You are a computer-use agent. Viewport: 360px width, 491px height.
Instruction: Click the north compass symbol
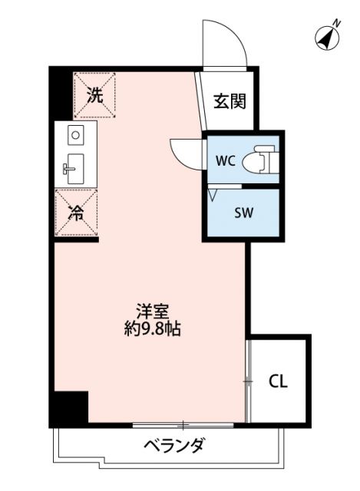pyautogui.click(x=329, y=36)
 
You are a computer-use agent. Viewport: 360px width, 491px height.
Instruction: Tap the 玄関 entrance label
pyautogui.click(x=229, y=101)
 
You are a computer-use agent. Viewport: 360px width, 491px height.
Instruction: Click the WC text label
pyautogui.click(x=225, y=160)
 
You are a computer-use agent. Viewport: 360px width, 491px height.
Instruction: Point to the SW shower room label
pyautogui.click(x=243, y=213)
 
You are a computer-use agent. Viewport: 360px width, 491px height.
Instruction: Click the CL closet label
pyautogui.click(x=278, y=381)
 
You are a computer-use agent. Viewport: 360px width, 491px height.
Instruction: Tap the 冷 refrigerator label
pyautogui.click(x=76, y=214)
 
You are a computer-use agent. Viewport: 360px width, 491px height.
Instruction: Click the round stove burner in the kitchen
pyautogui.click(x=75, y=136)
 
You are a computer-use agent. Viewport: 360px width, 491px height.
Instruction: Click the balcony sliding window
pyautogui.click(x=184, y=424)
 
